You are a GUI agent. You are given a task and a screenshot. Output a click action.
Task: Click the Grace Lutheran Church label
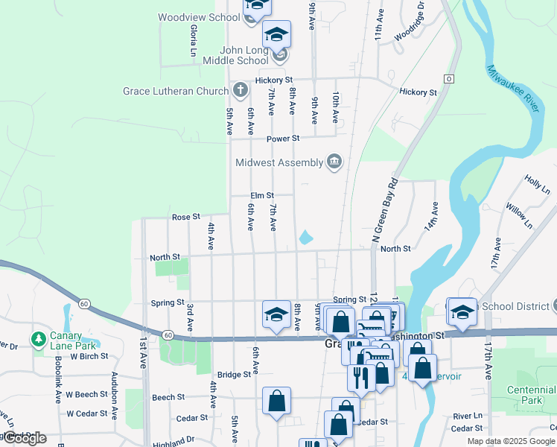tap(176, 92)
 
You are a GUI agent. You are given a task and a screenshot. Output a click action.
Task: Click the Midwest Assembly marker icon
tap(334, 162)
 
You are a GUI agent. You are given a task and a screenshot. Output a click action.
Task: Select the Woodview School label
tap(199, 16)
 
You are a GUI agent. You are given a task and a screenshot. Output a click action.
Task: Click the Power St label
tap(284, 138)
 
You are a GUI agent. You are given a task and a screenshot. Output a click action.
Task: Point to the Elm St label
tap(261, 195)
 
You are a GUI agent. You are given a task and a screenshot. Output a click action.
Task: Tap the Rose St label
tap(186, 217)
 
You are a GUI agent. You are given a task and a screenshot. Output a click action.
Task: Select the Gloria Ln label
tap(193, 40)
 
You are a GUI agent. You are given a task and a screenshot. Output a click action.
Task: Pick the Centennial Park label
tap(531, 395)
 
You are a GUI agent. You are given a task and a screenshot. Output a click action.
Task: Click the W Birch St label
tap(91, 356)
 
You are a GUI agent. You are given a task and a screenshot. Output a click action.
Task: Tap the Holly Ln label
tap(535, 183)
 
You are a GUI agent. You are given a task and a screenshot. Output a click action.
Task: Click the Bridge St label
tap(234, 375)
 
